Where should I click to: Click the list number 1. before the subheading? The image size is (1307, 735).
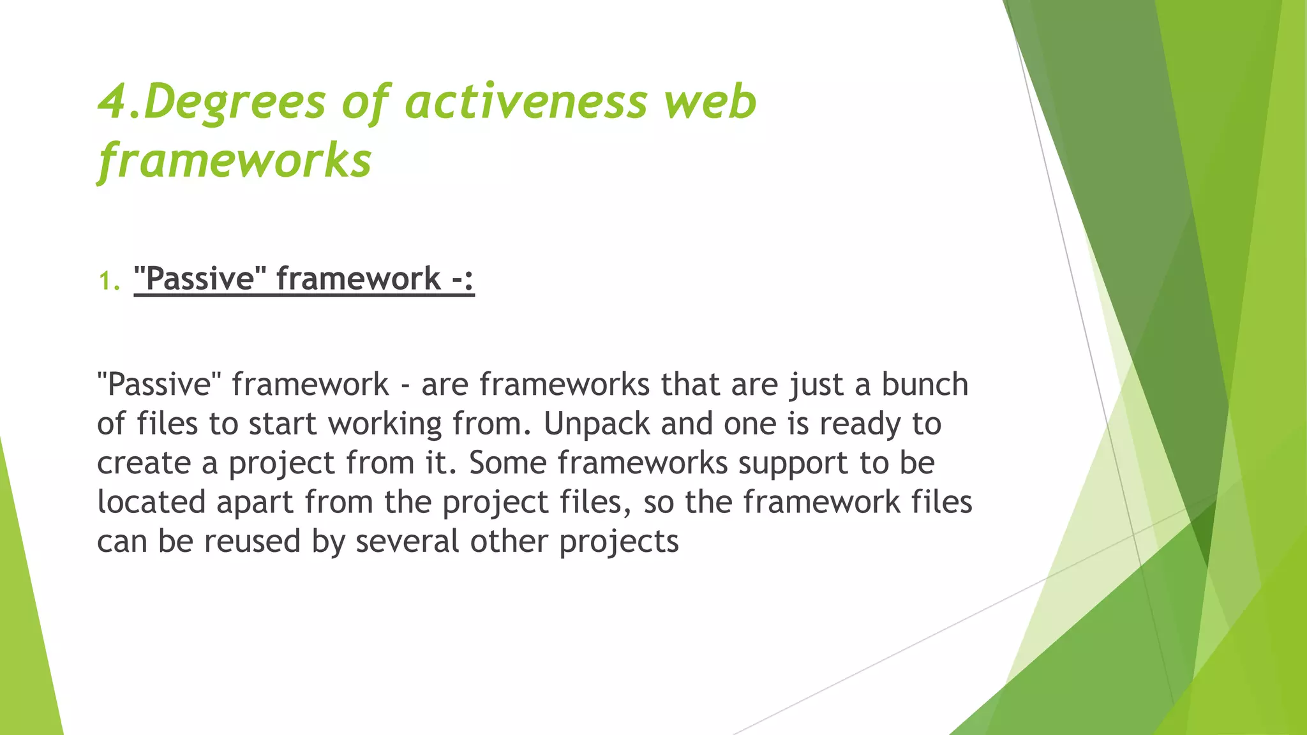tap(109, 281)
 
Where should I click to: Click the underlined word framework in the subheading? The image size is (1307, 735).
tap(358, 279)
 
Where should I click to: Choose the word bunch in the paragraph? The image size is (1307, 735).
tap(925, 384)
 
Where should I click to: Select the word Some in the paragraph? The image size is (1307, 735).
tap(508, 463)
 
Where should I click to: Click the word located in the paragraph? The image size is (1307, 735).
tap(151, 501)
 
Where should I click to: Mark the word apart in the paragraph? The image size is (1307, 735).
tap(255, 503)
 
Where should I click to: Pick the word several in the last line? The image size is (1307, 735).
tap(407, 541)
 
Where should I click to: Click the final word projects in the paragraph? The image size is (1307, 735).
tap(618, 542)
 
